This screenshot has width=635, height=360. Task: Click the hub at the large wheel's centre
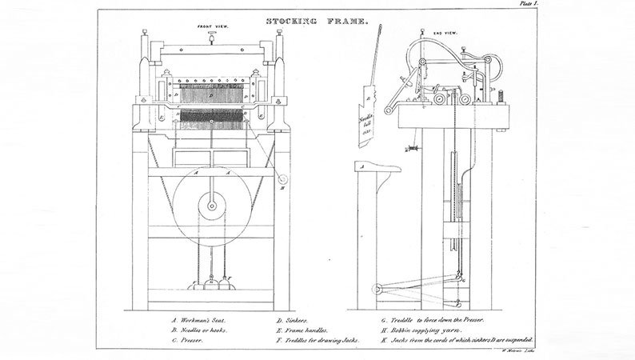pos(211,205)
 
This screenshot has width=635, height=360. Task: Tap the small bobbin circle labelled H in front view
pos(283,182)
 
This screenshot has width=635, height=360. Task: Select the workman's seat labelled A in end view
pos(376,169)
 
